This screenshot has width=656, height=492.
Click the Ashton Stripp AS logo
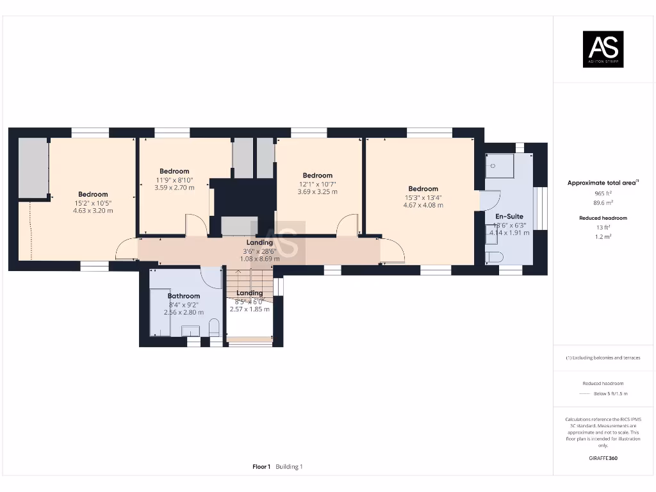tap(602, 49)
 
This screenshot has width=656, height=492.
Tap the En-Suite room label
tap(509, 217)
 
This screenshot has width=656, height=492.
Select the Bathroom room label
tap(184, 296)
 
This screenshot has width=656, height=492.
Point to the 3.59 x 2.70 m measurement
tap(174, 188)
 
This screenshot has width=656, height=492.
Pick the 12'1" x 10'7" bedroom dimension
tap(317, 184)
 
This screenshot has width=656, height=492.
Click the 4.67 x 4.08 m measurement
tap(423, 205)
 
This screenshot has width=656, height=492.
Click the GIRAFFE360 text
tap(603, 458)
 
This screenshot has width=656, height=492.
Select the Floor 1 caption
tap(261, 467)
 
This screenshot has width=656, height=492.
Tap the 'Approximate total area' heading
tap(602, 183)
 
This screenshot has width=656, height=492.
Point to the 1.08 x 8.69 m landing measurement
tap(259, 259)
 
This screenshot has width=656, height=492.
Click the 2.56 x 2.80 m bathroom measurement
tap(184, 312)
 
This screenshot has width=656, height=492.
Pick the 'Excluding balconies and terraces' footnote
tap(603, 357)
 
